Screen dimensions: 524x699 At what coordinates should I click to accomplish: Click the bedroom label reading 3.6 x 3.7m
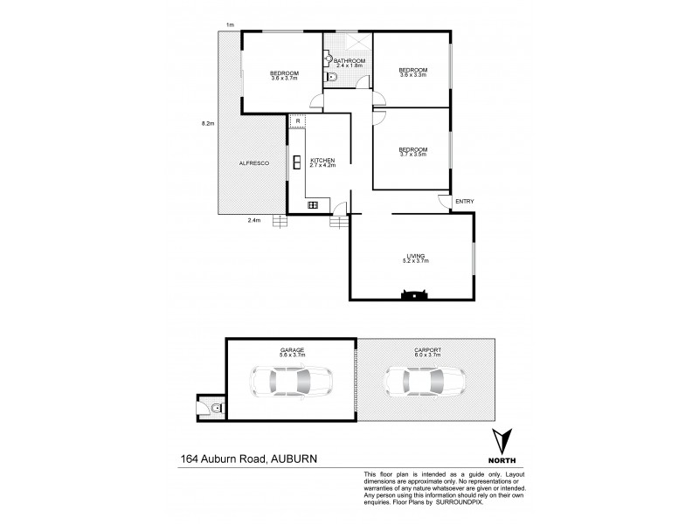(284, 75)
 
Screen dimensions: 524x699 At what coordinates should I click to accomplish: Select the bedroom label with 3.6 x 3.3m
(412, 72)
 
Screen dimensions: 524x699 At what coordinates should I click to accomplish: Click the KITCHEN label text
(322, 162)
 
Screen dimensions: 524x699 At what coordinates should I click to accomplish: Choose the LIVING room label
(414, 259)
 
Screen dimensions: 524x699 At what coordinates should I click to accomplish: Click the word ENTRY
(464, 203)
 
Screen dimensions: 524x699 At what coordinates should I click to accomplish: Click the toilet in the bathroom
(331, 79)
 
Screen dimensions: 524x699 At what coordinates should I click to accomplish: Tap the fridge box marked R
(297, 121)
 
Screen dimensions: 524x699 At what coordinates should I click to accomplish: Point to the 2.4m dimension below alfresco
(254, 220)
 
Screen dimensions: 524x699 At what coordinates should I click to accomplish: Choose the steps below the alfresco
(279, 221)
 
